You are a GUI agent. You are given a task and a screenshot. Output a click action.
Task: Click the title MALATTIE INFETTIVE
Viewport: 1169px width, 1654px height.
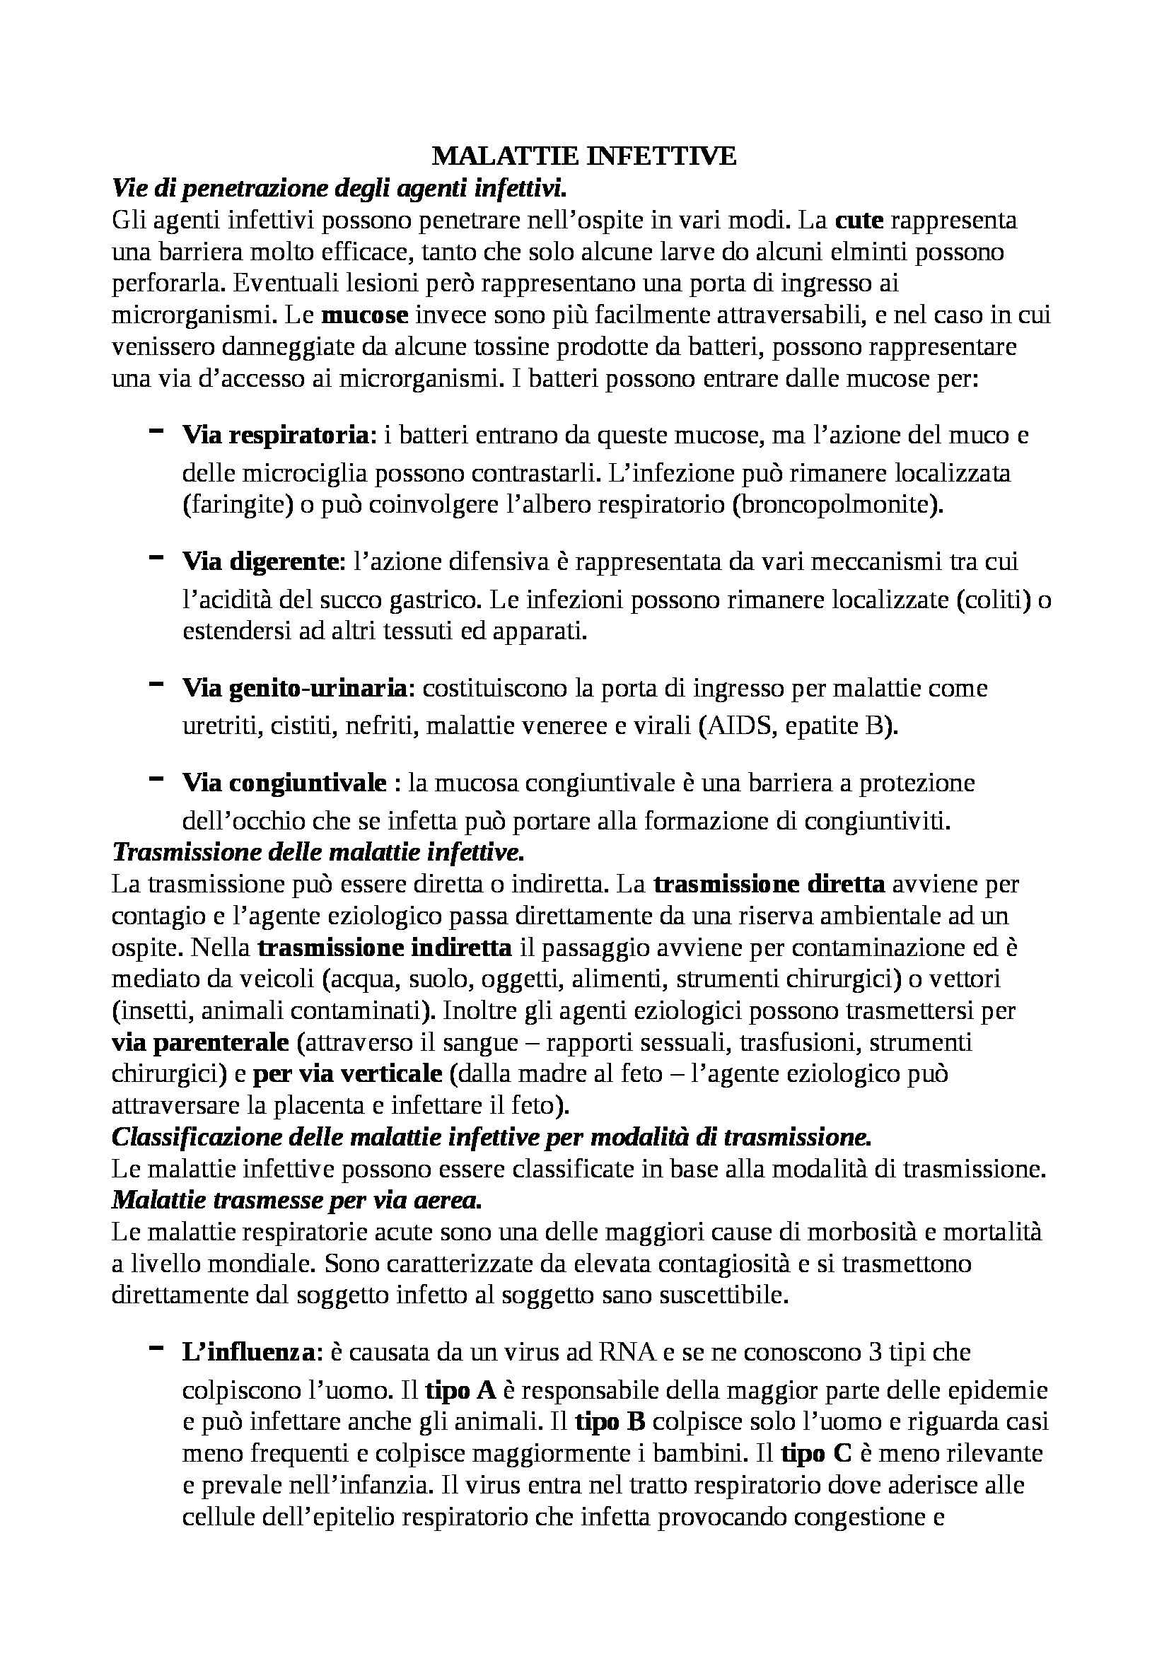pyautogui.click(x=584, y=156)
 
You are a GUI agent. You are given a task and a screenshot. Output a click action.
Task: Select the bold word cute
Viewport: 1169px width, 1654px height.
pyautogui.click(x=859, y=220)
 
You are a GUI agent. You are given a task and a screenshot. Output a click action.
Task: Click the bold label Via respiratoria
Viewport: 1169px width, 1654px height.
pyautogui.click(x=275, y=435)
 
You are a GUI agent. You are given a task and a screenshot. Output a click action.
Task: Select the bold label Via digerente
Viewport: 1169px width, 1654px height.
pyautogui.click(x=264, y=561)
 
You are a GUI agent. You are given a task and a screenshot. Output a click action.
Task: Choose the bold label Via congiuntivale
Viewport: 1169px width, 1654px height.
pyautogui.click(x=284, y=782)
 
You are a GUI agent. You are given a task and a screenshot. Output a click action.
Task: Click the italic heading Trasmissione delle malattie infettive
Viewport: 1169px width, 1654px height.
pyautogui.click(x=318, y=852)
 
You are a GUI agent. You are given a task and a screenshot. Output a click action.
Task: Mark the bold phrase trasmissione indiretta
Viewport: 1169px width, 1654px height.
pyautogui.click(x=385, y=948)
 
